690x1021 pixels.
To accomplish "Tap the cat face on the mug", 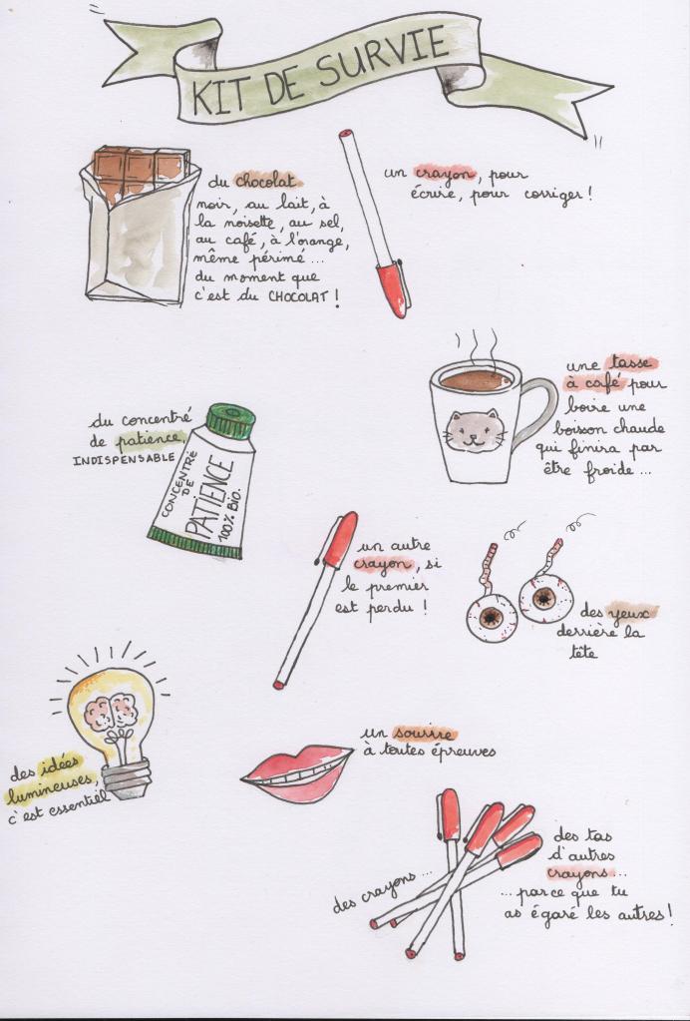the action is pos(475,431).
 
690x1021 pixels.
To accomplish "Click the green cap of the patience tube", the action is pos(230,421).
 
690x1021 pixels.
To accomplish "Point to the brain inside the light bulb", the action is pos(111,712).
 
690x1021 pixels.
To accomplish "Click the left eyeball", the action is pos(493,617).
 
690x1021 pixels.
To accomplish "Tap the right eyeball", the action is pos(546,597).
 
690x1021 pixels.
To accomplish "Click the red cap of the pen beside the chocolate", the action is pos(392,287).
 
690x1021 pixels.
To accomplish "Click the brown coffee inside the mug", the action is pos(476,380).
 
